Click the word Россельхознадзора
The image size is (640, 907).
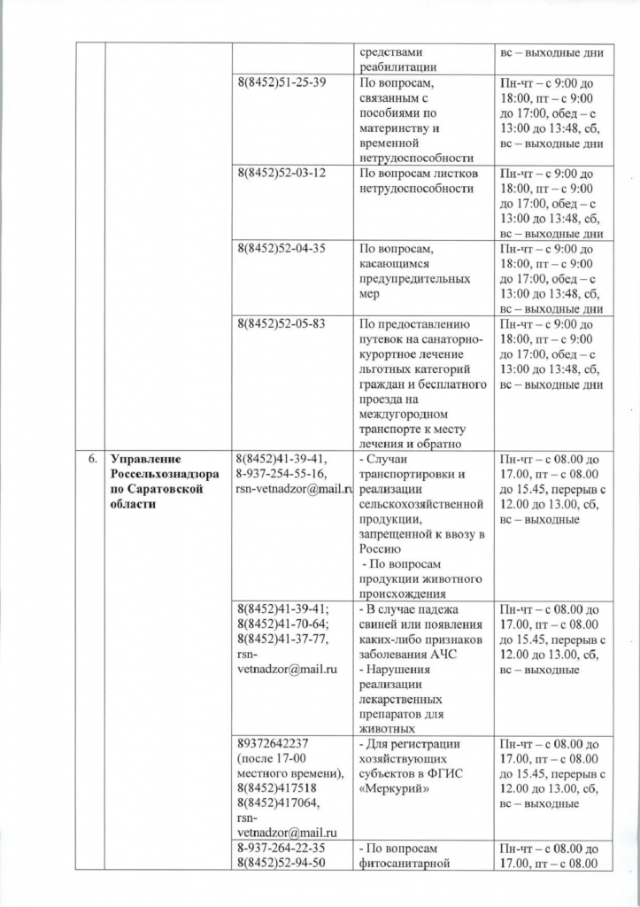[166, 474]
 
